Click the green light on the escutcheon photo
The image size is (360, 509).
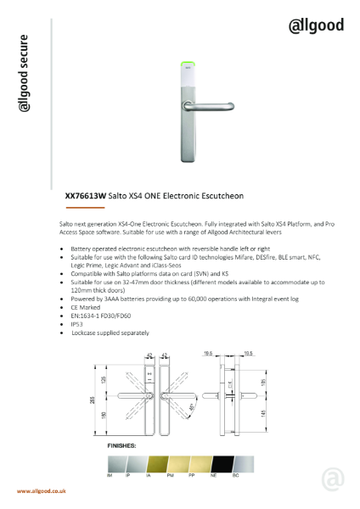188,62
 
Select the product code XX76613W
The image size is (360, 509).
86,193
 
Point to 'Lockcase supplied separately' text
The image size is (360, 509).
111,330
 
